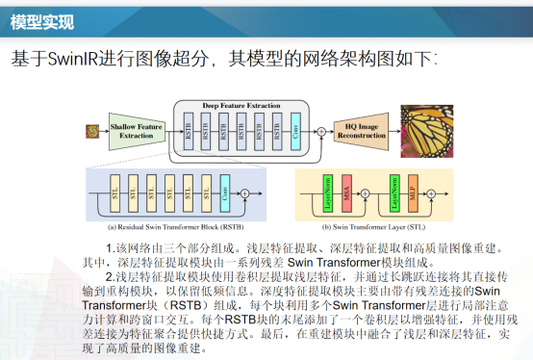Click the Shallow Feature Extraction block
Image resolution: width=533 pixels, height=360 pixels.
point(136,130)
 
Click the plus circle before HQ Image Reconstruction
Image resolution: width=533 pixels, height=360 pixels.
point(317,131)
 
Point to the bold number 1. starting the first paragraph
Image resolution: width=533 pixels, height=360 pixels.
point(110,249)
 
